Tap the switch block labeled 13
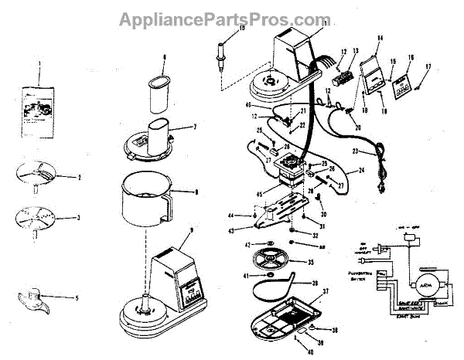coord(343,77)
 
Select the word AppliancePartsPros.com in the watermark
coord(233,19)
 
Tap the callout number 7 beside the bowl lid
coord(195,126)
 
